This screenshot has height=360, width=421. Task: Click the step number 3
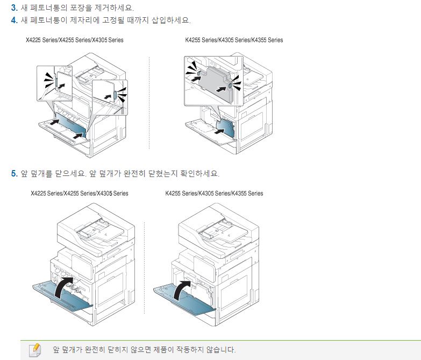tap(14, 9)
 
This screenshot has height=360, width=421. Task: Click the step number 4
tap(14, 20)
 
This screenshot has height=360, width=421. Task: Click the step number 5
tap(14, 173)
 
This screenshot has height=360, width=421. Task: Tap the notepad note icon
tap(34, 349)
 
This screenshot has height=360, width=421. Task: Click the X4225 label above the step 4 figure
tap(35, 40)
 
